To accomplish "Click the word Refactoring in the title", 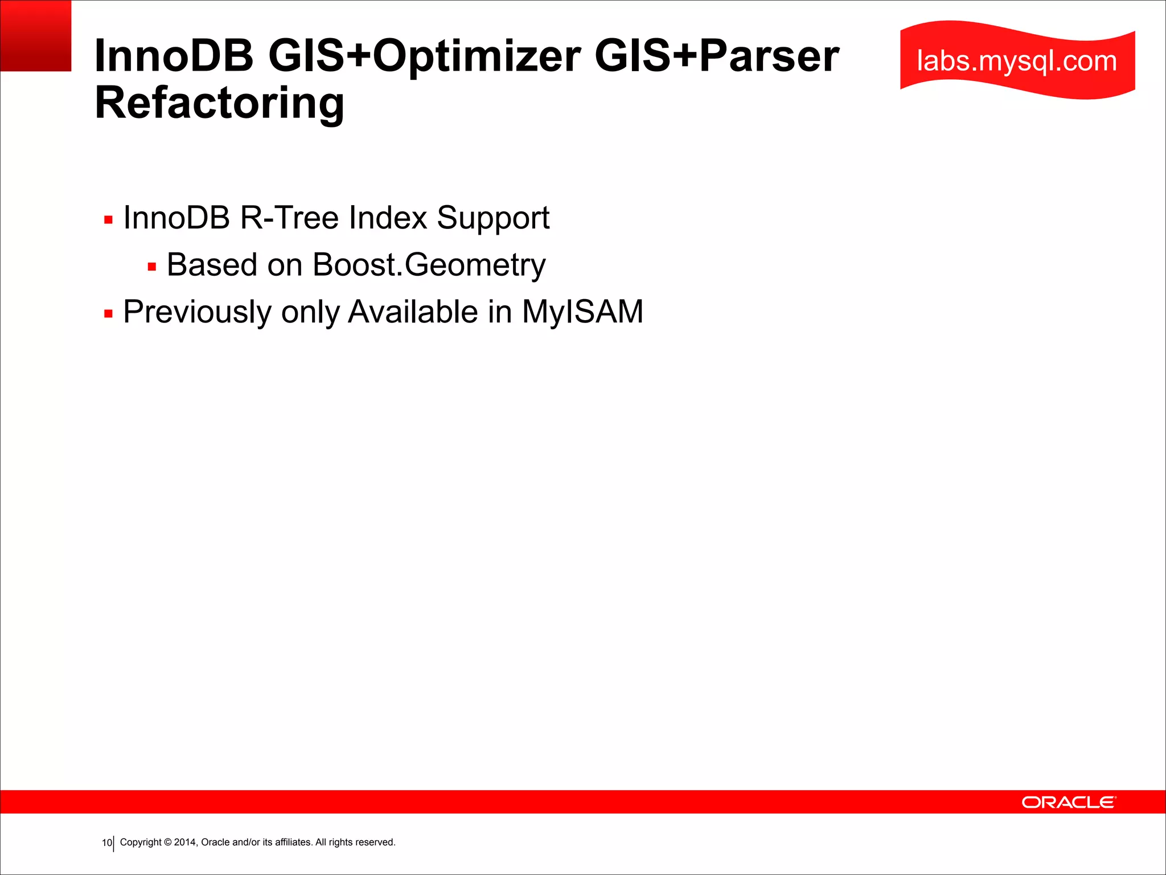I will (219, 103).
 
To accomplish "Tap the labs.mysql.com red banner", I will (1017, 60).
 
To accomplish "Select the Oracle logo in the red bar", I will (1069, 802).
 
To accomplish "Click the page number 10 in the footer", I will (106, 843).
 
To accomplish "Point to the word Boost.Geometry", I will (429, 265).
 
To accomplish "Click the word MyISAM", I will (582, 312).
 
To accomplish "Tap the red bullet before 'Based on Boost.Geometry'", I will (151, 267).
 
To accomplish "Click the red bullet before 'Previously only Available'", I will (108, 313).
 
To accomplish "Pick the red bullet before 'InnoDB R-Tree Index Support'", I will (108, 220).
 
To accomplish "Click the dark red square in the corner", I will (35, 35).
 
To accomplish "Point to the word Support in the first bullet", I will (493, 218).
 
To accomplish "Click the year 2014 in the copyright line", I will (185, 842).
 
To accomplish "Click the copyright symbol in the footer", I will (168, 842).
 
